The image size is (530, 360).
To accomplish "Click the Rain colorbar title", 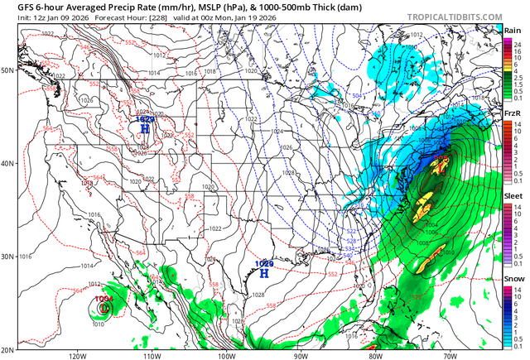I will pyautogui.click(x=513, y=30).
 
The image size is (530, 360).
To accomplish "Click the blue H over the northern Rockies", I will pyautogui.click(x=146, y=128).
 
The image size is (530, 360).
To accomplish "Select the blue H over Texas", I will pyautogui.click(x=264, y=271).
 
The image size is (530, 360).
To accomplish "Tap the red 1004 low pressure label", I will pyautogui.click(x=104, y=299).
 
